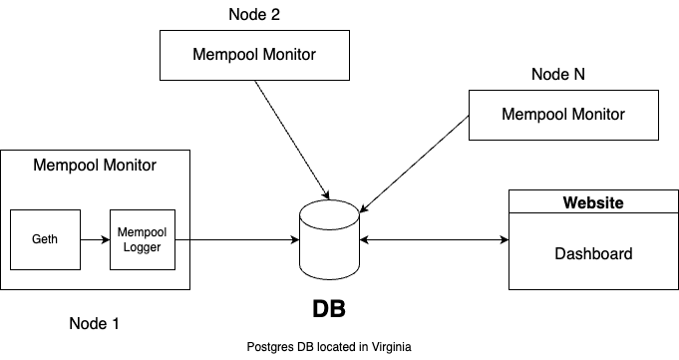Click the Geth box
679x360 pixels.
pos(45,239)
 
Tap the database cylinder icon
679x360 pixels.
pos(330,239)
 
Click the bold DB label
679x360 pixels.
pos(330,308)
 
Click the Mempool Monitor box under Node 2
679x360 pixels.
pos(254,54)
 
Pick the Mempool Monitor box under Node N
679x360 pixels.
pos(562,114)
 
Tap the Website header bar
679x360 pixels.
pos(593,202)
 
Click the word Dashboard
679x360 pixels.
pos(593,253)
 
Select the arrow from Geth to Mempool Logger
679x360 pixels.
pos(95,239)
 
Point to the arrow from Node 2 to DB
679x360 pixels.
pos(291,138)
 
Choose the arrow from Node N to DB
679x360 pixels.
pos(414,164)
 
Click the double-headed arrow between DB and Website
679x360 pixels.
pos(434,239)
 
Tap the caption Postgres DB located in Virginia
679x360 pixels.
pos(329,346)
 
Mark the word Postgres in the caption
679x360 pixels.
pos(269,346)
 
